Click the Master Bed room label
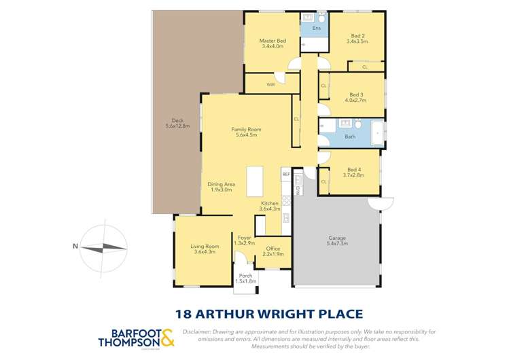[272, 41]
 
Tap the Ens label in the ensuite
[316, 29]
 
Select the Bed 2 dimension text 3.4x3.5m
[357, 41]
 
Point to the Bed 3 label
[356, 94]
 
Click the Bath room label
[350, 137]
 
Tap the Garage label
[338, 237]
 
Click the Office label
[273, 249]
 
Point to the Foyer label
[243, 237]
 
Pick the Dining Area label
[221, 184]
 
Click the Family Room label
[245, 129]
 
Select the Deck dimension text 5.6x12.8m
[177, 126]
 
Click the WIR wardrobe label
[270, 85]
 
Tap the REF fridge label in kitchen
[285, 175]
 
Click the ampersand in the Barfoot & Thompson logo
[167, 338]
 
